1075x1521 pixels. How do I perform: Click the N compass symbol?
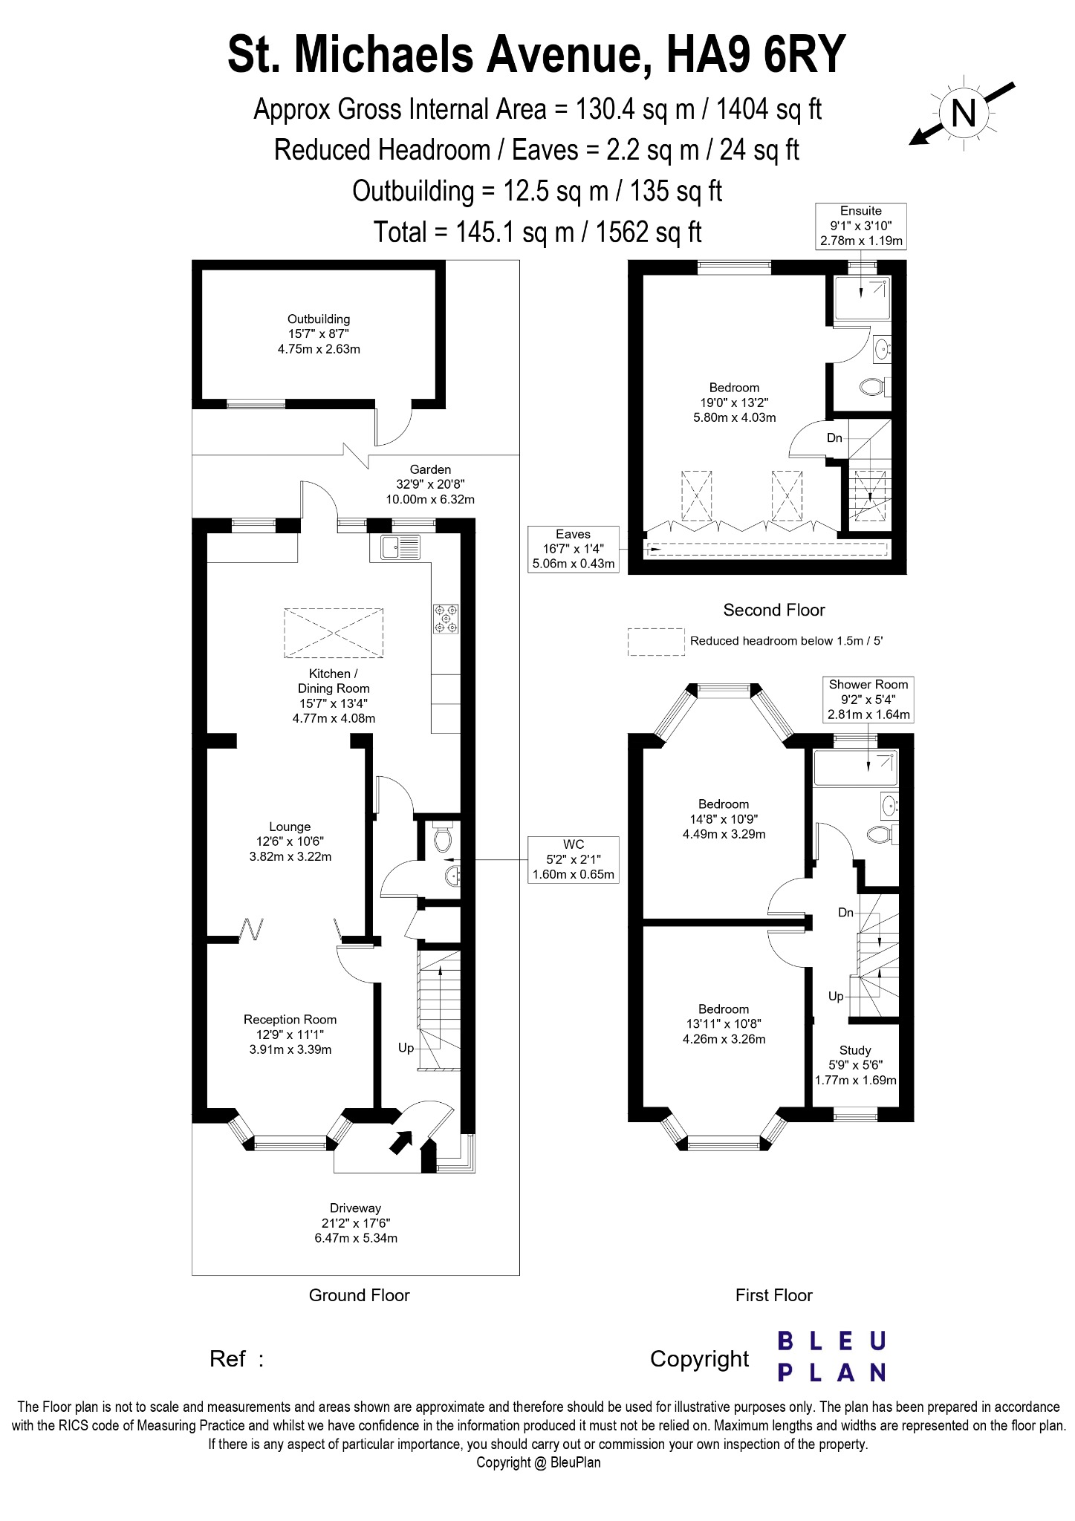(x=964, y=114)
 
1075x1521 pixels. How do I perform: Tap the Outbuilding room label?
(x=319, y=333)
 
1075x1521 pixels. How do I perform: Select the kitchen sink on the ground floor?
(x=400, y=547)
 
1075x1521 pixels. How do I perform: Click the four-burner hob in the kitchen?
(x=446, y=619)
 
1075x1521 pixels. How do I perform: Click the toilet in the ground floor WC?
(x=443, y=839)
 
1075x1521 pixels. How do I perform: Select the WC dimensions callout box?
(x=574, y=859)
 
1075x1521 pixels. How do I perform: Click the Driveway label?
(x=356, y=1223)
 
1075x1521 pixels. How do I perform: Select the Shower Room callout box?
(x=868, y=699)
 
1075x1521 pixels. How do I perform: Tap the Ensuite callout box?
(x=861, y=226)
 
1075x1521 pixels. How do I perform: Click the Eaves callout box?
(x=573, y=549)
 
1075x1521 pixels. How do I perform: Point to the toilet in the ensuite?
(x=871, y=386)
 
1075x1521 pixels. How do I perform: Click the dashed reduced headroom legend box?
(x=656, y=642)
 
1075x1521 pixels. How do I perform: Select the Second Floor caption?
(x=774, y=610)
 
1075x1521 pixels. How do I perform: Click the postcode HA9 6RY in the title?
(x=756, y=55)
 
